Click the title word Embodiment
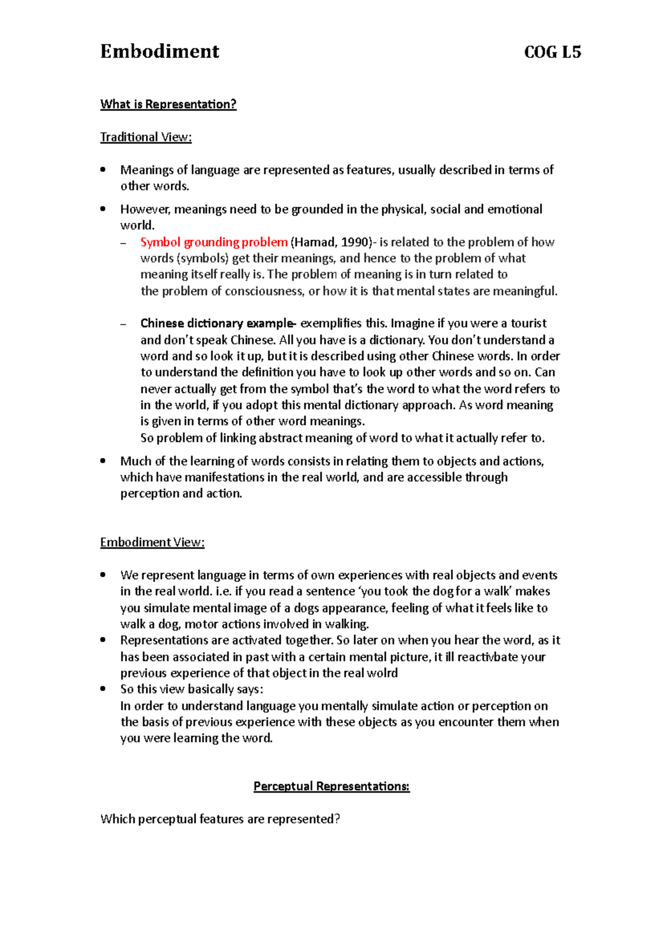[x=160, y=51]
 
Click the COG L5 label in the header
[x=552, y=52]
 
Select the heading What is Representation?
[x=168, y=104]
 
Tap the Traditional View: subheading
[x=146, y=137]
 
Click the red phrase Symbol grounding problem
[x=214, y=242]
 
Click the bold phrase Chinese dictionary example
[x=217, y=323]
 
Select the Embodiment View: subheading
[x=152, y=542]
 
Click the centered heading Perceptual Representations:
[x=331, y=786]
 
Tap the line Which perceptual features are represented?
[x=220, y=819]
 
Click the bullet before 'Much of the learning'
[x=103, y=461]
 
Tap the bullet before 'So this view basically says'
[x=103, y=689]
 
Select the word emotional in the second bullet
[x=515, y=209]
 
